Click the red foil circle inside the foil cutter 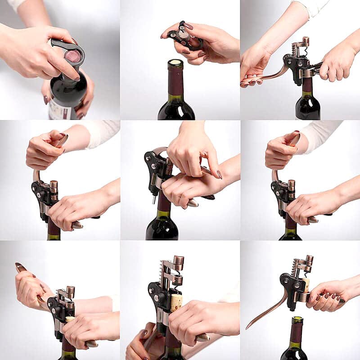73,56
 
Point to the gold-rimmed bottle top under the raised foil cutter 175,63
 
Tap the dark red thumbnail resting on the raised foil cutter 188,26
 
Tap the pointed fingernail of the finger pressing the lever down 220,174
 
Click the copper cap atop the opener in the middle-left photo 54,184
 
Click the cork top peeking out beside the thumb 70,319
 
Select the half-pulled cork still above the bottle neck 175,301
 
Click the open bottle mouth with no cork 297,320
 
